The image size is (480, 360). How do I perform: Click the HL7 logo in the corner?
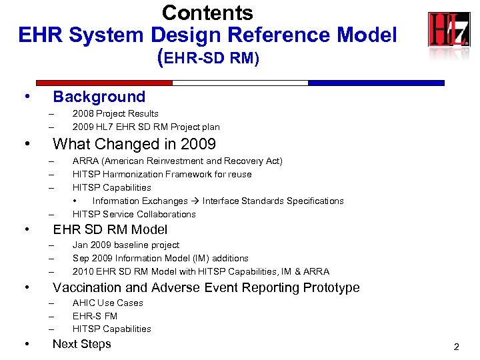coord(449,30)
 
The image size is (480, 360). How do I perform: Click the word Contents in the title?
coord(207,13)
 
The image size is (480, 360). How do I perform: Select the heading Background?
coord(99,97)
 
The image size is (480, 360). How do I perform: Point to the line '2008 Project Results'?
coord(115,114)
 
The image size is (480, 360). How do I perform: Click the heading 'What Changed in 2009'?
coord(134,144)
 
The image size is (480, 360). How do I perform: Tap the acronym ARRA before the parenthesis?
coord(85,161)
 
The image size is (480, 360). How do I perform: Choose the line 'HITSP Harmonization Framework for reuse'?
coord(162,175)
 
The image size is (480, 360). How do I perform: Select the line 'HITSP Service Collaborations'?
coord(134,214)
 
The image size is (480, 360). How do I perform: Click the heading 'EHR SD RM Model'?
coord(110,229)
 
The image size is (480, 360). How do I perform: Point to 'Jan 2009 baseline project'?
coord(126,245)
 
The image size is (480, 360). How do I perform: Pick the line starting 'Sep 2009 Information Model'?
coord(160,258)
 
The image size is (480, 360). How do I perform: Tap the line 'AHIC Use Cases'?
coord(107,303)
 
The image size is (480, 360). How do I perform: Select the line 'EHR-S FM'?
coord(95,316)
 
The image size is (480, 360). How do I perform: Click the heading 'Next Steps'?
coord(81,344)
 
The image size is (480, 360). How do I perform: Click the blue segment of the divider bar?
coord(376,83)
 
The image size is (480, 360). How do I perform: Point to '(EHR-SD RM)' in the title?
coord(207,58)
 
